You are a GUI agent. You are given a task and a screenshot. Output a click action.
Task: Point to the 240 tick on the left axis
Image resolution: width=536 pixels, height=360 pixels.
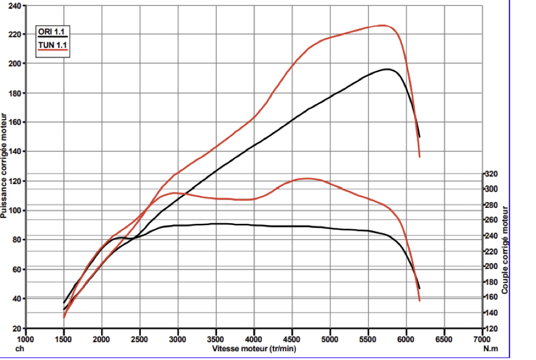[15, 6]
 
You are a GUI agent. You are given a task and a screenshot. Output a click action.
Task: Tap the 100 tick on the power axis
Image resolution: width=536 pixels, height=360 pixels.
[15, 211]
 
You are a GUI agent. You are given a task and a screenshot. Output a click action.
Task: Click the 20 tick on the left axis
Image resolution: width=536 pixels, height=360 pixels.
[17, 328]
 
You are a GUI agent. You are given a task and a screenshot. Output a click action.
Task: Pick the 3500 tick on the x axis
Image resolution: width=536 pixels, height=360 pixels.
[216, 339]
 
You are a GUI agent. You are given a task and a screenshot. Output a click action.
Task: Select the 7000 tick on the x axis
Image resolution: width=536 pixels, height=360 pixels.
[482, 339]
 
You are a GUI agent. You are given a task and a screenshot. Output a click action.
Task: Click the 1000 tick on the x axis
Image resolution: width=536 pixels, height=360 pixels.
[26, 339]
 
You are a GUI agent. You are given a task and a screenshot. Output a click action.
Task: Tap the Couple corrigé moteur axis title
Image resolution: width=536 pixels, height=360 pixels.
[505, 250]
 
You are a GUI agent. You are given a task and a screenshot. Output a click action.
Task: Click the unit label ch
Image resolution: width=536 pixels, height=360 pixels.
[19, 349]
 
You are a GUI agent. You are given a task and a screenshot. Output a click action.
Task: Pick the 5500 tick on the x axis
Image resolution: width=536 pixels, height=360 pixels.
[368, 339]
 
